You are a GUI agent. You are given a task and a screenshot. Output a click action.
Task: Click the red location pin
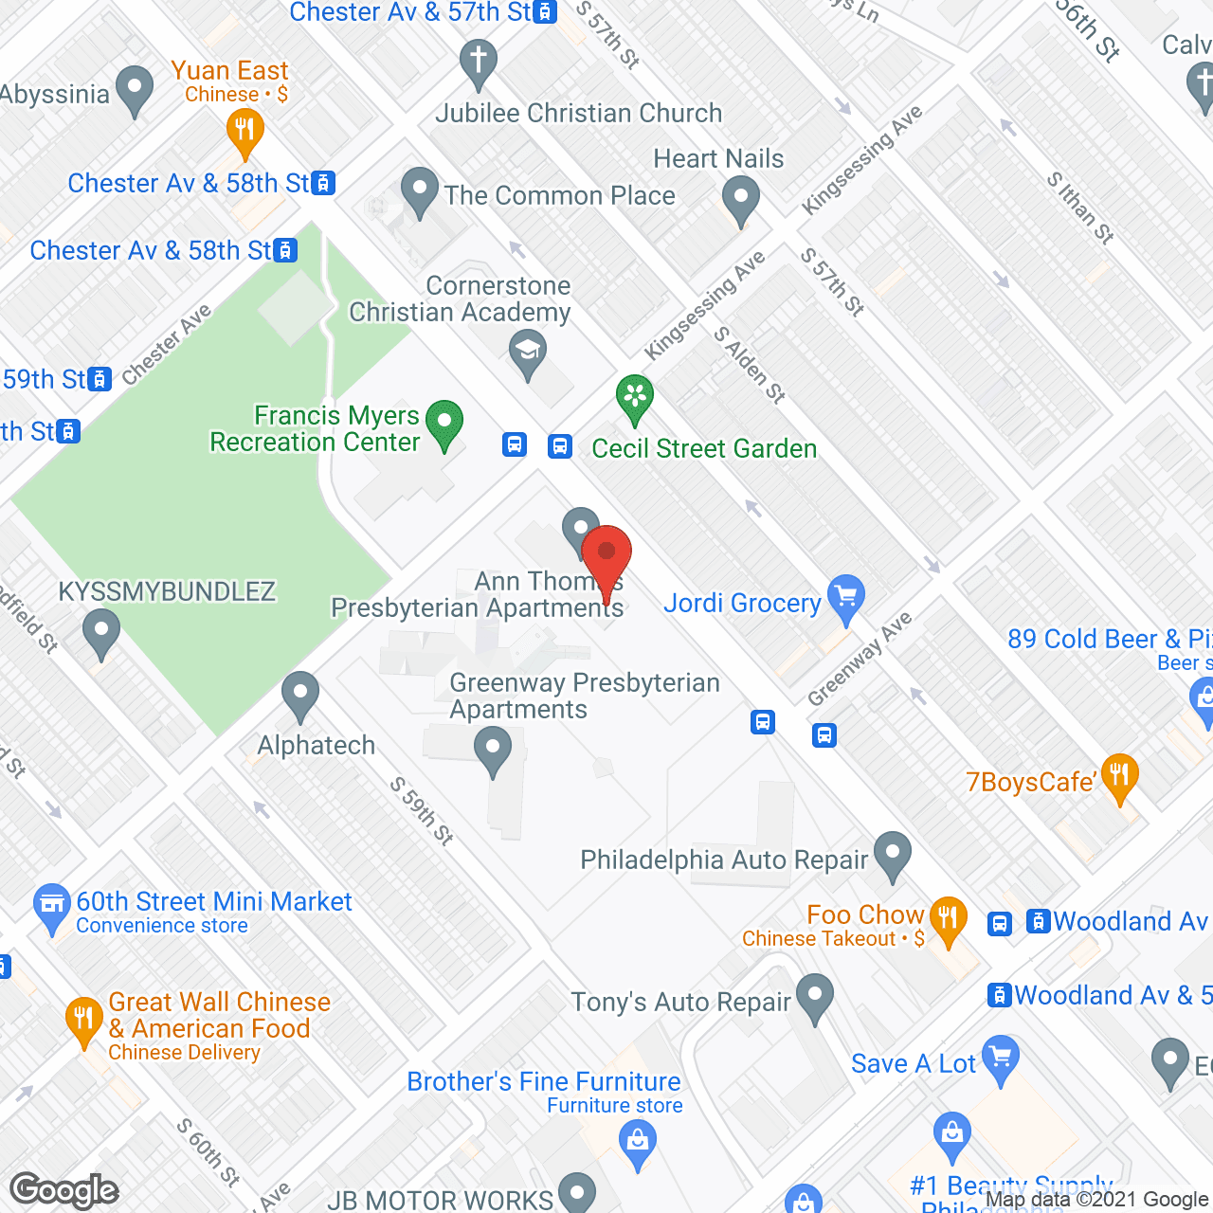pos(606,554)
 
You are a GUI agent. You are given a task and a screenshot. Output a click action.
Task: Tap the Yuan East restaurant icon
pos(245,130)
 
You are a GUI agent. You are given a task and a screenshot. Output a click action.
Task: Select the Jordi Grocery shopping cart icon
pos(846,597)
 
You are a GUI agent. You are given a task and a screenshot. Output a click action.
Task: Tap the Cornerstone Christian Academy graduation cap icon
pos(528,352)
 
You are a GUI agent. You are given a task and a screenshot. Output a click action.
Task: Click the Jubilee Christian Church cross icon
pos(479,63)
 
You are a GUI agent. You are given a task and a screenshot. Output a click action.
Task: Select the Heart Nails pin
pos(741,200)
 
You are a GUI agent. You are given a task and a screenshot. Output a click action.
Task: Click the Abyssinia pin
pos(134,89)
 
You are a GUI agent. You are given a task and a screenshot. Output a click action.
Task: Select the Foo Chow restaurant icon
pos(947,918)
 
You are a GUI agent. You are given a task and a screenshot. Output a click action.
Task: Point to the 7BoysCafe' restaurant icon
pos(1119,776)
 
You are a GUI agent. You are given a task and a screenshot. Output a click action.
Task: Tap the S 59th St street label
pos(422,810)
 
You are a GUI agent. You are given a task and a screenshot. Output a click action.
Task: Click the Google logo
pos(64,1190)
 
